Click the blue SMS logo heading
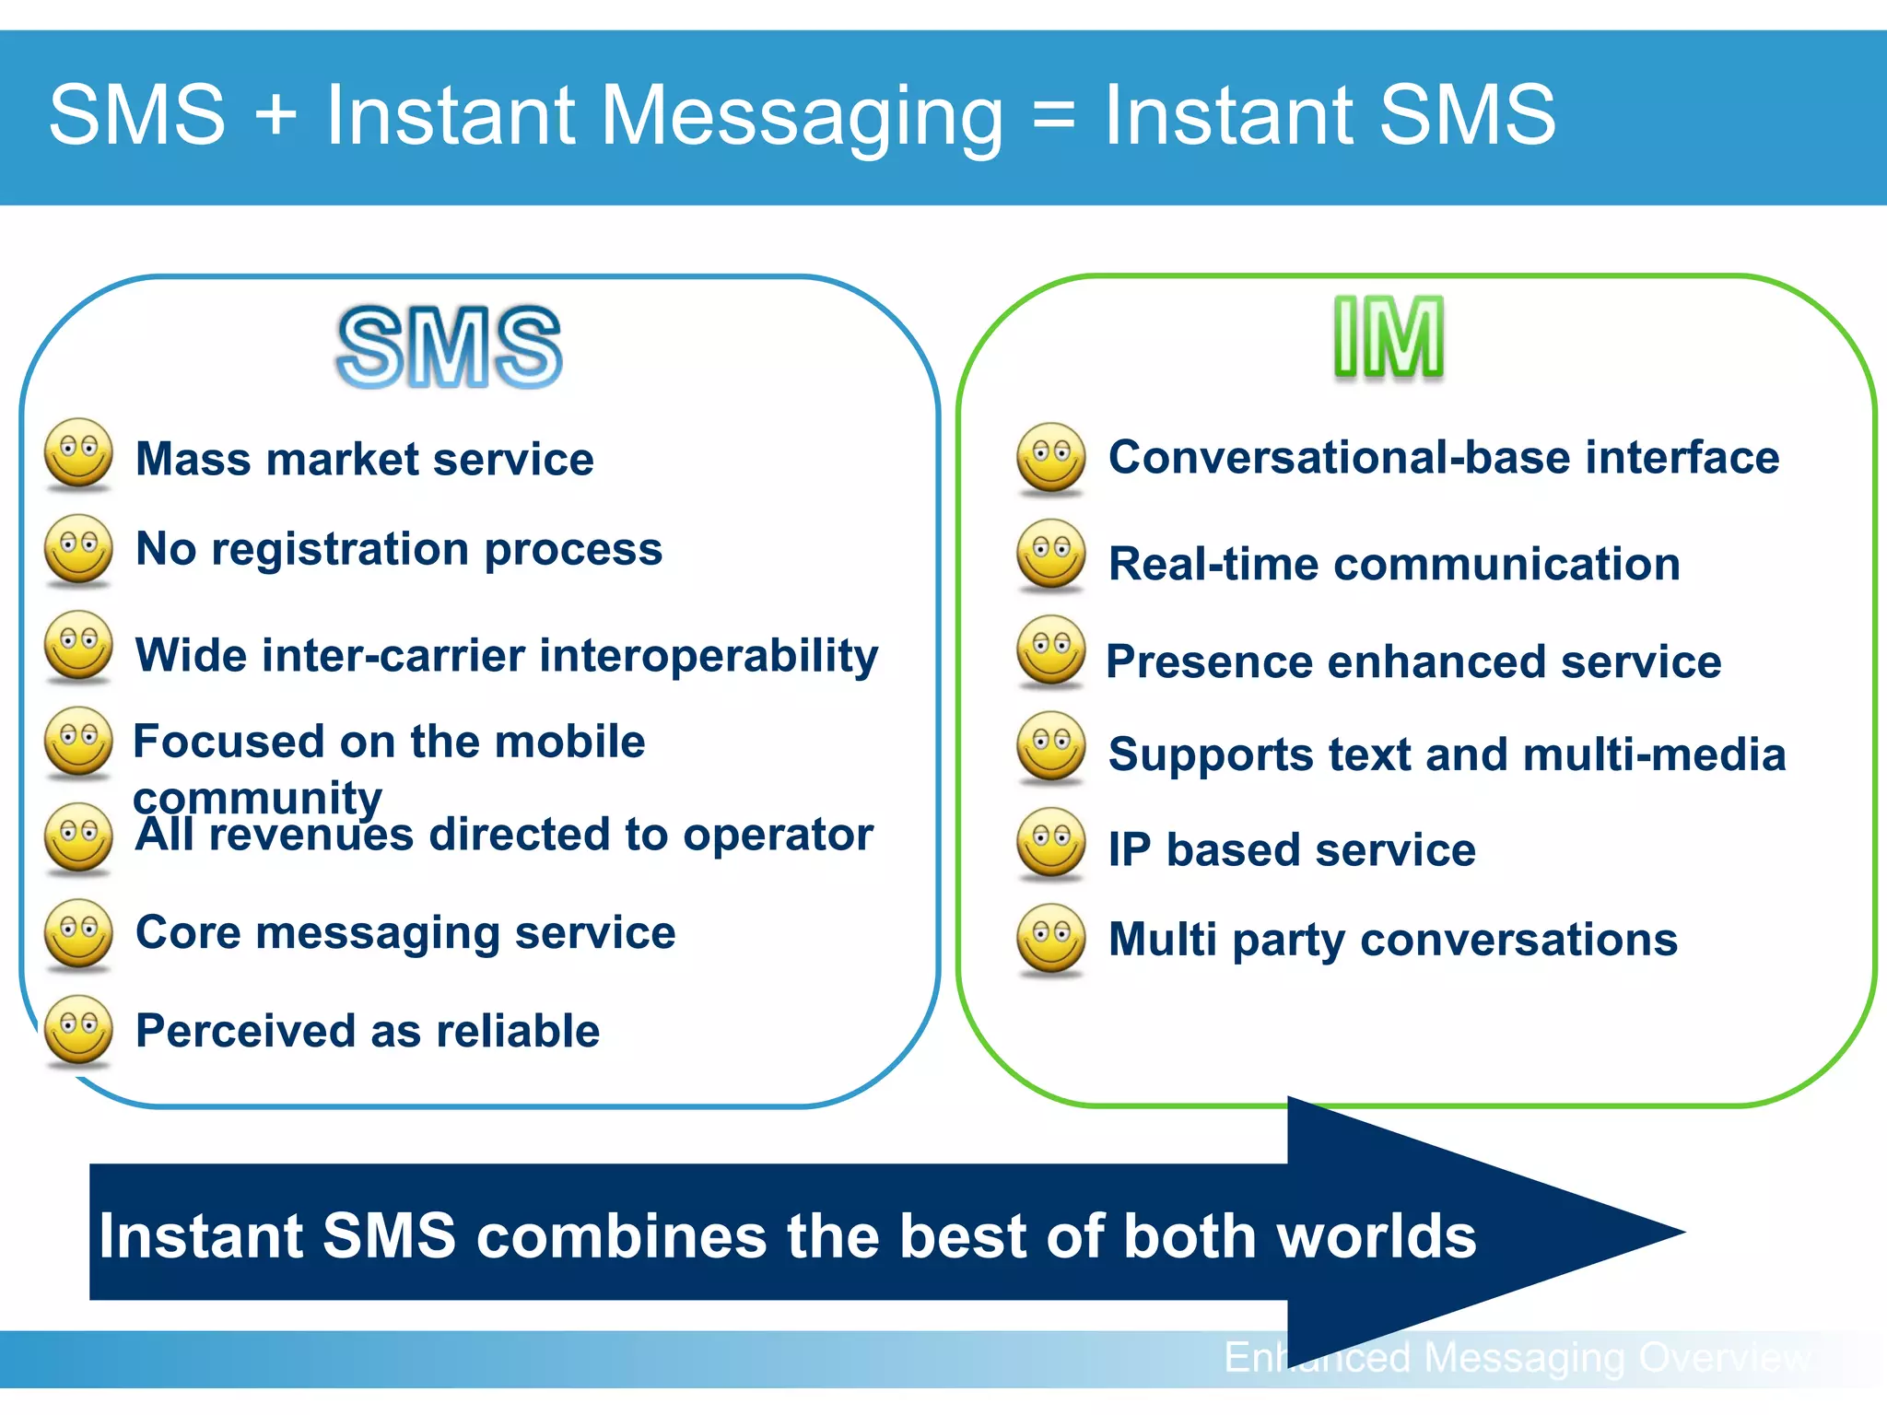point(449,347)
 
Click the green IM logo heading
point(1389,338)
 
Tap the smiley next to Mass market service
point(79,452)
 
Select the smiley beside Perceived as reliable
point(79,1029)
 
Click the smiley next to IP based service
point(1051,842)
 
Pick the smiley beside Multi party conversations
point(1051,938)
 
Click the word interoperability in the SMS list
point(709,657)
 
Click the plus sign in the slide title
point(275,116)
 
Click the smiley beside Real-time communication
point(1051,555)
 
